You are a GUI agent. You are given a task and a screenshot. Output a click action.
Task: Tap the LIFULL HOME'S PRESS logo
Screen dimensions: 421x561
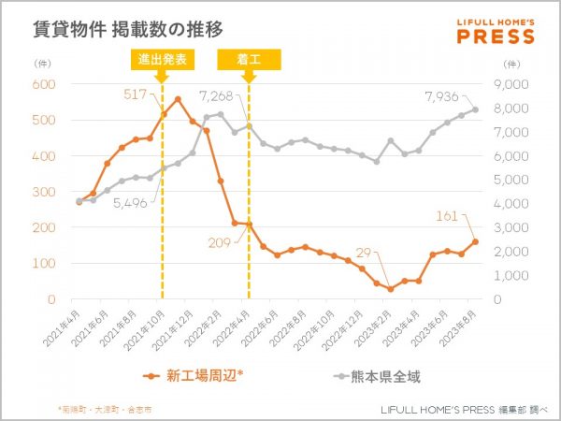click(496, 31)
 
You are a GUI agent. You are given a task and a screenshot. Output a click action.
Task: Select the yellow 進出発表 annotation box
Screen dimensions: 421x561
click(162, 60)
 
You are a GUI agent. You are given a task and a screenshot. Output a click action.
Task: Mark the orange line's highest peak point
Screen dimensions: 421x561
click(178, 99)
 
